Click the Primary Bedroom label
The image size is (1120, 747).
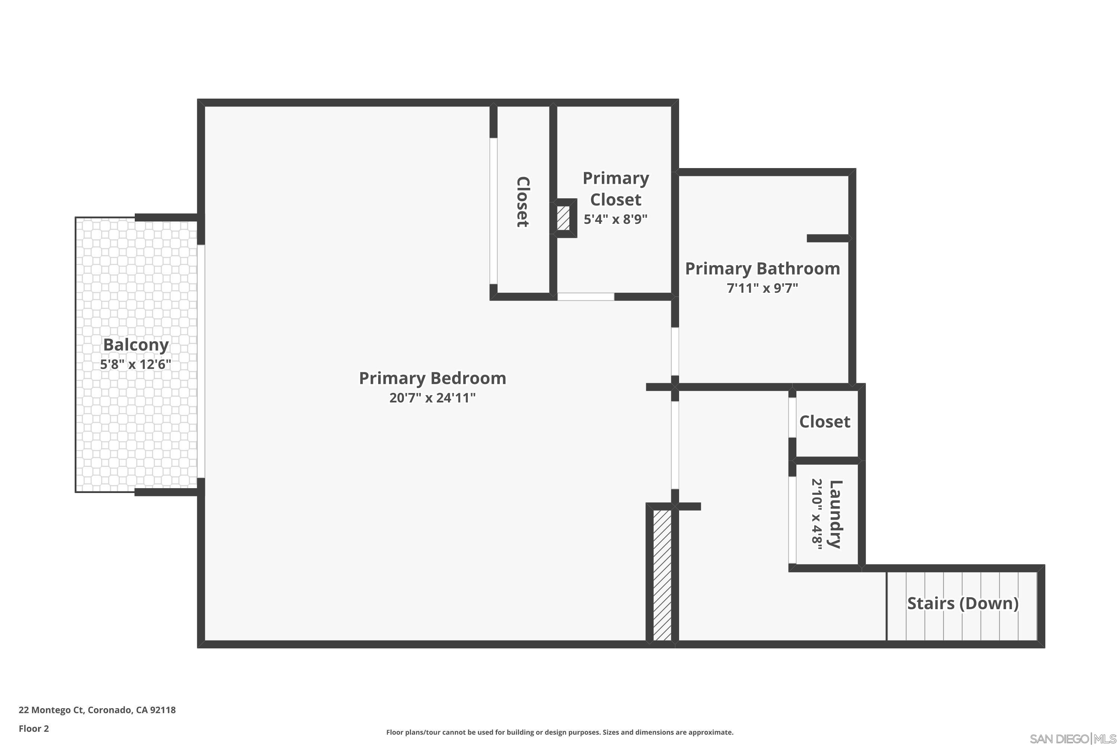tap(432, 378)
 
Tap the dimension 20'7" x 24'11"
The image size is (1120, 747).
tap(432, 398)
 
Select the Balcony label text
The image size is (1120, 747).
tap(136, 345)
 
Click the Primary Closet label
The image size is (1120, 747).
tap(616, 189)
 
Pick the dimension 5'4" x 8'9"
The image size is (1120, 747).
tap(616, 219)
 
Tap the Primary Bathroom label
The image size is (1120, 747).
tap(762, 269)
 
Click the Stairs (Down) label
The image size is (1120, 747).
tap(962, 604)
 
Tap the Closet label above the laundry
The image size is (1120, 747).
tap(824, 422)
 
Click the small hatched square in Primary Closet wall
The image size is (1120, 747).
tap(563, 218)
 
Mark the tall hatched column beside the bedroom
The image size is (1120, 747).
tap(662, 576)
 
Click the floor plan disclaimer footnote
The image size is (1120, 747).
tap(560, 732)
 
